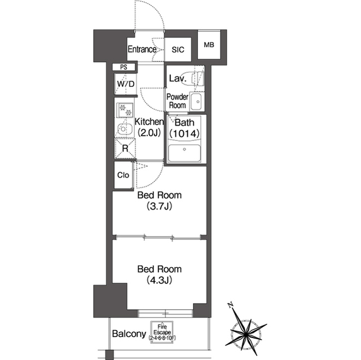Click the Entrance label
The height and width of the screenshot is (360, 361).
click(x=142, y=49)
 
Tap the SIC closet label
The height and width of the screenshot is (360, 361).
click(x=178, y=50)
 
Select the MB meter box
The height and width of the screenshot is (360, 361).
click(x=209, y=45)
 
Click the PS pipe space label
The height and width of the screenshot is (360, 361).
click(x=124, y=67)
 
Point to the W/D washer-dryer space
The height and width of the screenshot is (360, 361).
click(x=125, y=84)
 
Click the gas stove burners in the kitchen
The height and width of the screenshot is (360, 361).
click(x=125, y=110)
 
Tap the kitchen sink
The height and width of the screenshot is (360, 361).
click(x=125, y=129)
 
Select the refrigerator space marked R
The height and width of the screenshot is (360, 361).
click(x=125, y=148)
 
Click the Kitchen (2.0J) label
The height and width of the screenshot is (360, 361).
click(x=149, y=127)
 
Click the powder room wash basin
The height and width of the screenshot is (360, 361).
click(x=197, y=101)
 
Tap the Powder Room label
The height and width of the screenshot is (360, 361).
click(x=177, y=101)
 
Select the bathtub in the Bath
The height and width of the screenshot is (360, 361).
click(x=184, y=153)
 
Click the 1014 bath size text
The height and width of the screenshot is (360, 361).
click(x=184, y=134)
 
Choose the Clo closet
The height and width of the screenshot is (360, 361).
click(x=124, y=175)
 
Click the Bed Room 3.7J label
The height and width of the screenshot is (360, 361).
click(x=159, y=201)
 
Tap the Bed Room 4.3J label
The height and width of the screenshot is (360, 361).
click(x=159, y=274)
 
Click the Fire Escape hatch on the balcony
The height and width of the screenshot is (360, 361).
click(x=162, y=332)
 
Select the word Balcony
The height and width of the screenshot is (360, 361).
click(x=129, y=334)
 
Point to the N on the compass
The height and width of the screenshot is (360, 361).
click(x=230, y=305)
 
